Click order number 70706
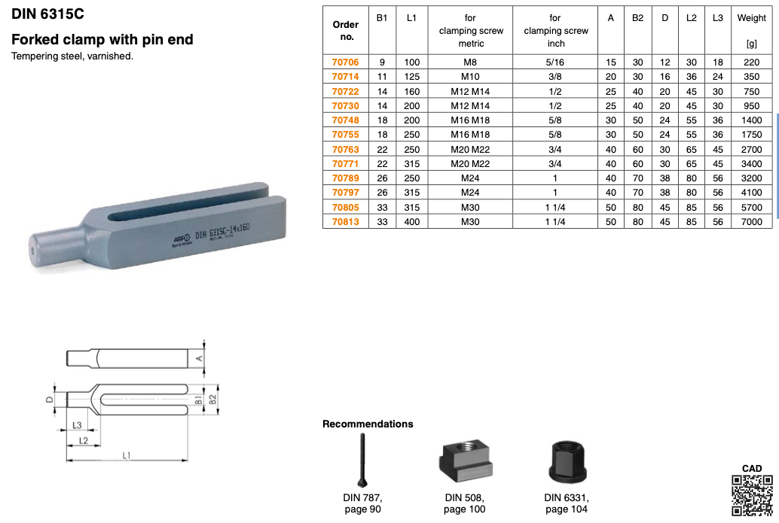pos(345,62)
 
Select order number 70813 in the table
pos(345,222)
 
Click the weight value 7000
pos(751,222)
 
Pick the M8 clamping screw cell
pos(471,62)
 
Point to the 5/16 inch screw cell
pos(555,62)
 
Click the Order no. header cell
pos(345,30)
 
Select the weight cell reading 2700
pos(751,150)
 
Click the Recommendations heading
pos(368,424)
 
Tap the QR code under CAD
pos(752,495)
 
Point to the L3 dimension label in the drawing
pos(77,425)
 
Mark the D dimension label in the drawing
pos(50,400)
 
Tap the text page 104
pos(567,509)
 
